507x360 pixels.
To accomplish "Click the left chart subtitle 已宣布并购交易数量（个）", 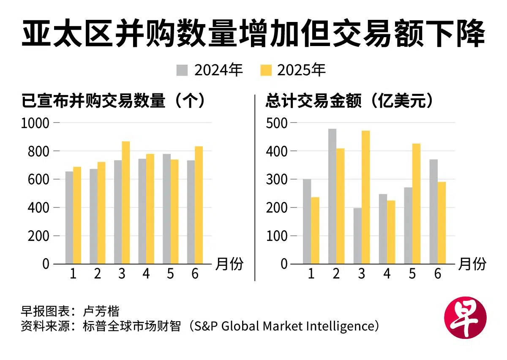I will [114, 101].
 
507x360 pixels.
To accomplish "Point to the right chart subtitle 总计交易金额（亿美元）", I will [350, 101].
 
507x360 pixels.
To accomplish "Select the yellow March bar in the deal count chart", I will [126, 203].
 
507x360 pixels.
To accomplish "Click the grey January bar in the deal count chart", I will [69, 218].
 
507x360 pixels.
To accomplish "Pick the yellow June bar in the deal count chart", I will [199, 205].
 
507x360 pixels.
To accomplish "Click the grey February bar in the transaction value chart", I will [333, 196].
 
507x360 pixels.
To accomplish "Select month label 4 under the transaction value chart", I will [387, 274].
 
